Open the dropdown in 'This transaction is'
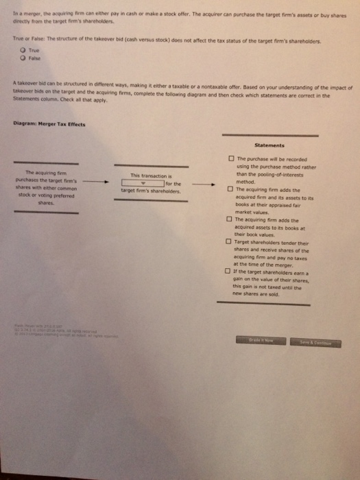tap(143, 183)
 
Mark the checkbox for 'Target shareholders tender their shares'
tap(228, 241)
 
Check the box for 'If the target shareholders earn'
tap(228, 270)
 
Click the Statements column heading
tap(269, 145)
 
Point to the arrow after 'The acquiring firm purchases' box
tap(99, 183)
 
